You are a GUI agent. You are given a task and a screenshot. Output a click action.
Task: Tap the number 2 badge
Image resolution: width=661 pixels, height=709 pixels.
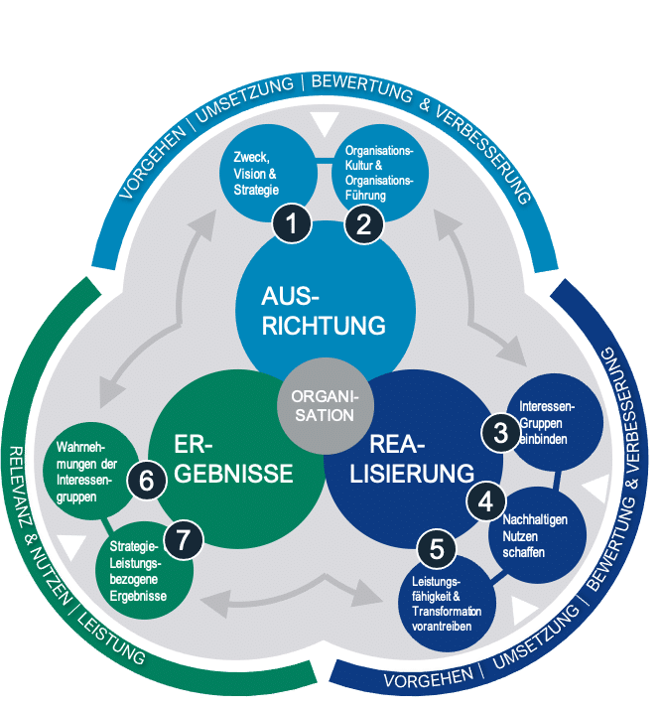click(x=364, y=223)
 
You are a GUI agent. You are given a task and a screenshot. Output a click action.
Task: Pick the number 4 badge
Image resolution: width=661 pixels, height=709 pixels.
click(x=485, y=501)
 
